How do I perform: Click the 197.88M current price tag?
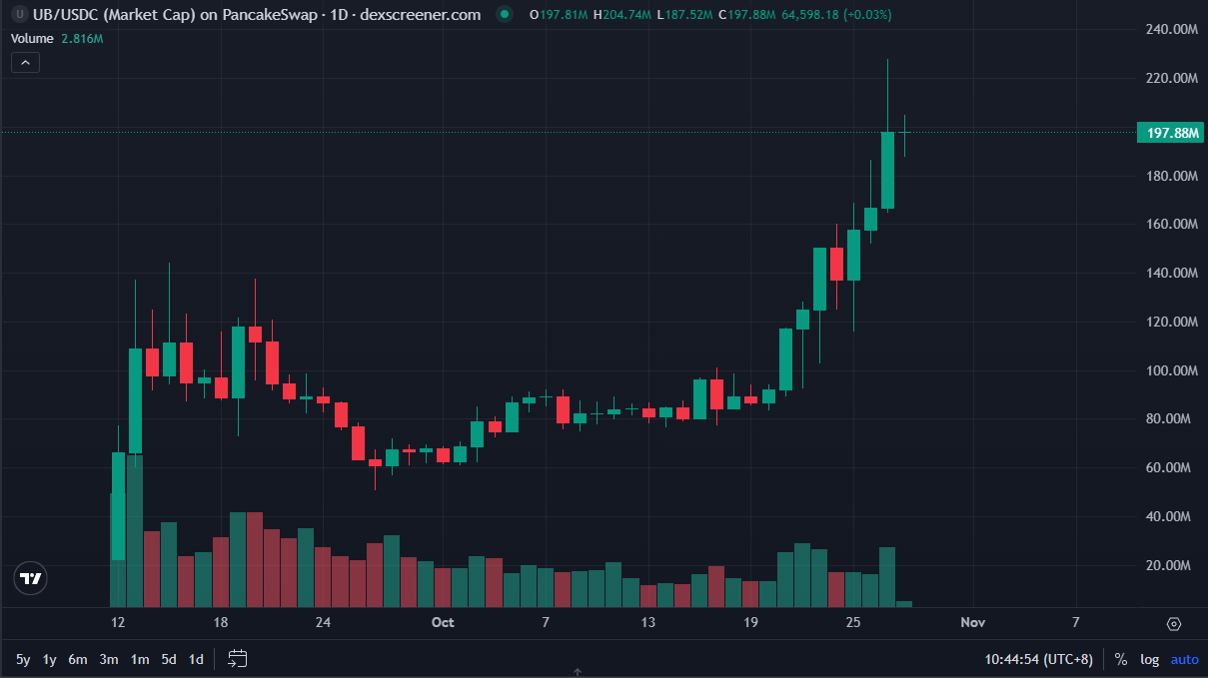1172,133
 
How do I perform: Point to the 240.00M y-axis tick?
1170,30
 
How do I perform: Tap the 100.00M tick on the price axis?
1170,370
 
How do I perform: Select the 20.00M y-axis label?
1172,565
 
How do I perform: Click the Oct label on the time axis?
443,623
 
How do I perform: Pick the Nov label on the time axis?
972,623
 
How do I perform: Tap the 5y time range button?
23,659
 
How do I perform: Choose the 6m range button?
78,659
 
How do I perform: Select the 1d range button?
197,659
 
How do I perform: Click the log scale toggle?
1150,659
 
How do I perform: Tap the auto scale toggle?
1184,659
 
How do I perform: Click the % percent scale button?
1121,659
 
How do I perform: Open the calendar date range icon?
238,658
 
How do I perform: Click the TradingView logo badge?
31,578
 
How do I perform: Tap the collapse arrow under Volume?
26,62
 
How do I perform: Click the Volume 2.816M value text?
83,38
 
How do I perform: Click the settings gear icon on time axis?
1174,624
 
